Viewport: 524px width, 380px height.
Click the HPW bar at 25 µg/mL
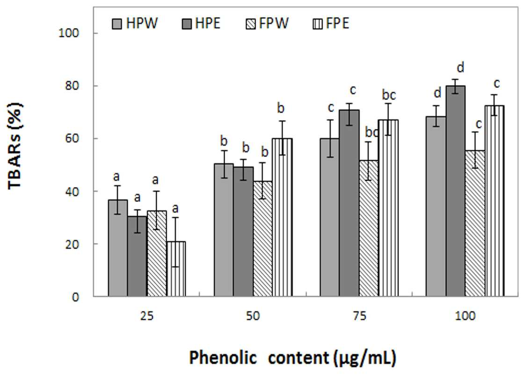click(x=117, y=248)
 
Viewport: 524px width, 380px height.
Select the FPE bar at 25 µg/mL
click(x=176, y=269)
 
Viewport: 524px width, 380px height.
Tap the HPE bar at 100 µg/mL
click(x=455, y=191)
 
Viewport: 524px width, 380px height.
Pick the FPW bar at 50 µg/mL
click(x=262, y=239)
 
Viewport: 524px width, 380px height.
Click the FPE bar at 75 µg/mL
click(x=388, y=208)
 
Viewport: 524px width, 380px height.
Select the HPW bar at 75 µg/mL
click(x=329, y=217)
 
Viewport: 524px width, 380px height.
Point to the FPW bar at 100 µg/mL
click(x=475, y=223)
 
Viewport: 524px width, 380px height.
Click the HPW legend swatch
click(x=116, y=24)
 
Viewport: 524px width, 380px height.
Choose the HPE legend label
click(x=208, y=24)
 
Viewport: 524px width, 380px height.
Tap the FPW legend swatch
click(x=251, y=24)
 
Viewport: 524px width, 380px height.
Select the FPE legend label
click(x=337, y=24)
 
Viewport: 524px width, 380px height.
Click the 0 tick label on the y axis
click(x=75, y=297)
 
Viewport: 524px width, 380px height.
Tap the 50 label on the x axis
click(x=253, y=315)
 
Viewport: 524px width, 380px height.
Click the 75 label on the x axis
click(x=359, y=315)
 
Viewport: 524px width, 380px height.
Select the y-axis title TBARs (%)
click(x=15, y=147)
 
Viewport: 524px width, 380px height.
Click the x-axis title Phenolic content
click(x=260, y=358)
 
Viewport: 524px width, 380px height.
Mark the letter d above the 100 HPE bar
click(x=460, y=67)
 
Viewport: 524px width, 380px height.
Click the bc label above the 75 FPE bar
click(x=389, y=95)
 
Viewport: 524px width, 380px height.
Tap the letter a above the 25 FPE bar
click(x=175, y=209)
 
